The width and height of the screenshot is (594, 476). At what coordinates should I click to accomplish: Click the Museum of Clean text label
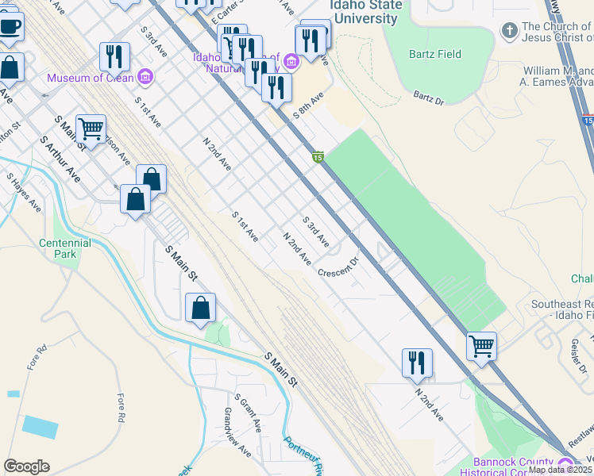tap(91, 78)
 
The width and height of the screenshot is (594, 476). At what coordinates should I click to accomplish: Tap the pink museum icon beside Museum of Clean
tap(145, 77)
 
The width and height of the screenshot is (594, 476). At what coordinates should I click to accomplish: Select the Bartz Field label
tap(434, 54)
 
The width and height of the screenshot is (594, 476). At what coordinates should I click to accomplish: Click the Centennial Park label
tap(60, 248)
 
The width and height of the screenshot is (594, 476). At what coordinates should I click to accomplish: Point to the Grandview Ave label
tap(237, 443)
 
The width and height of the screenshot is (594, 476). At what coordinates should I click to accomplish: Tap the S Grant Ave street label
tap(247, 413)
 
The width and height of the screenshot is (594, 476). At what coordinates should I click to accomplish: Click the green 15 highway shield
tap(318, 158)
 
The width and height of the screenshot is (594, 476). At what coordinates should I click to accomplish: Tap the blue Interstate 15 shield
tap(587, 120)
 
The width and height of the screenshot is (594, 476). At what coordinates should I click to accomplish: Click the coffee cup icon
tap(10, 25)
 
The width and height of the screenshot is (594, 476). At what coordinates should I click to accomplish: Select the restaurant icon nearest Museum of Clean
tap(114, 56)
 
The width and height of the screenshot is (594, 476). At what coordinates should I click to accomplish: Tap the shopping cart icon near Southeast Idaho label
tap(481, 346)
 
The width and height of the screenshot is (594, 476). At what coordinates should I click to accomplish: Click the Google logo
tap(26, 466)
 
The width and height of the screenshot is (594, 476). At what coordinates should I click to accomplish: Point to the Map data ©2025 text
tap(560, 470)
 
